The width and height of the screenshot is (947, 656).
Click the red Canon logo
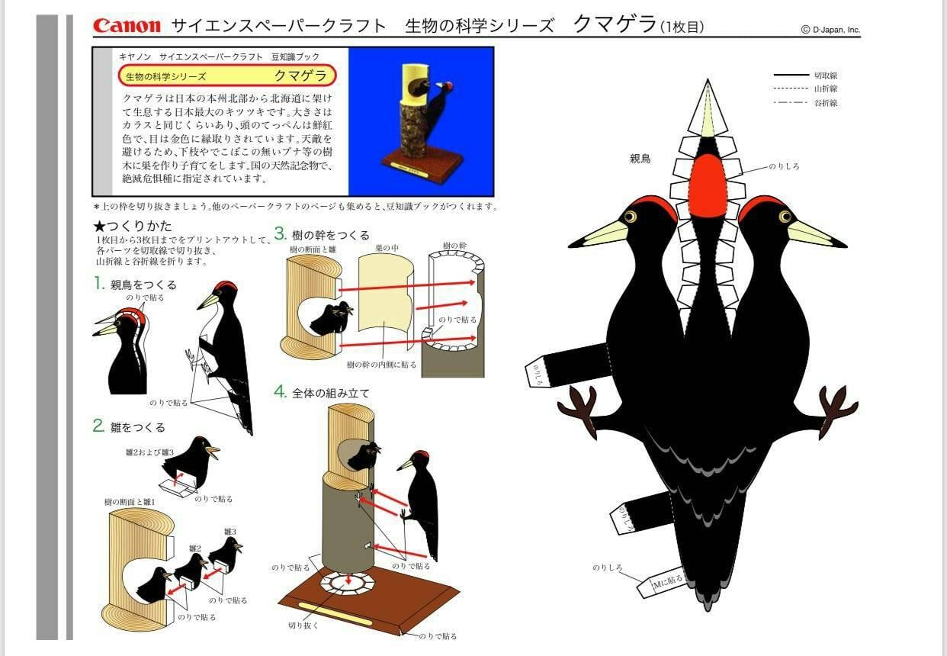click(127, 25)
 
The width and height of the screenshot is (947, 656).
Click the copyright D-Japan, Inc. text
click(830, 30)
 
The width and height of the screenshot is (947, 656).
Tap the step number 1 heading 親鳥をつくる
click(135, 285)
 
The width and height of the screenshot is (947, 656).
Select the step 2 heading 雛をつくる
click(130, 427)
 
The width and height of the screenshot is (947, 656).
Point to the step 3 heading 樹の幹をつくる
click(323, 235)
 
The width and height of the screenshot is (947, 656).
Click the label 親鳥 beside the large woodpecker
click(640, 160)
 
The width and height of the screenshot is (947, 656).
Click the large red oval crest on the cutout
click(708, 186)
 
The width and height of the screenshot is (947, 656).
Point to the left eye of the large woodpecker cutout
click(631, 217)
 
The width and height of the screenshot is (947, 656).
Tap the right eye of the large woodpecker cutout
click(785, 217)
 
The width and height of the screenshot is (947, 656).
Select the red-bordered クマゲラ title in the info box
click(227, 76)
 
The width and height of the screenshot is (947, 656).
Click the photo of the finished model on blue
click(421, 121)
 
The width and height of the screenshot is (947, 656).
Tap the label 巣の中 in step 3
click(386, 247)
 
